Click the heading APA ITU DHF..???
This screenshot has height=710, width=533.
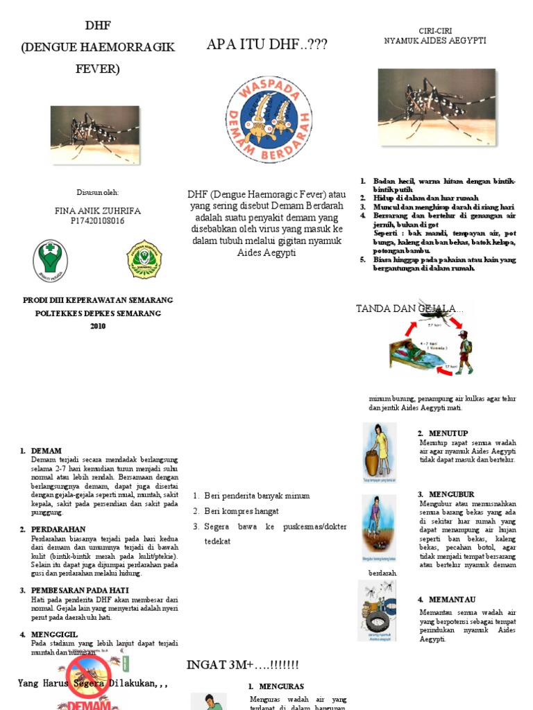click(x=267, y=46)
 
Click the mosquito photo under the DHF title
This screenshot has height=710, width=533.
click(x=94, y=135)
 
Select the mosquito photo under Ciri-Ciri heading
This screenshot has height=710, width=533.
click(x=437, y=105)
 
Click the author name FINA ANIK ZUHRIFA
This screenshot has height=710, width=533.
click(x=96, y=211)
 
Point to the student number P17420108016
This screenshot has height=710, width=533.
click(x=96, y=221)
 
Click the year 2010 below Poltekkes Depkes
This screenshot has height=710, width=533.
click(x=98, y=327)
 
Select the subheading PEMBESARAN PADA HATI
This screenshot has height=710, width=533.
click(x=78, y=590)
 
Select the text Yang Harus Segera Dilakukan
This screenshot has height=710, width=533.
click(x=93, y=683)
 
